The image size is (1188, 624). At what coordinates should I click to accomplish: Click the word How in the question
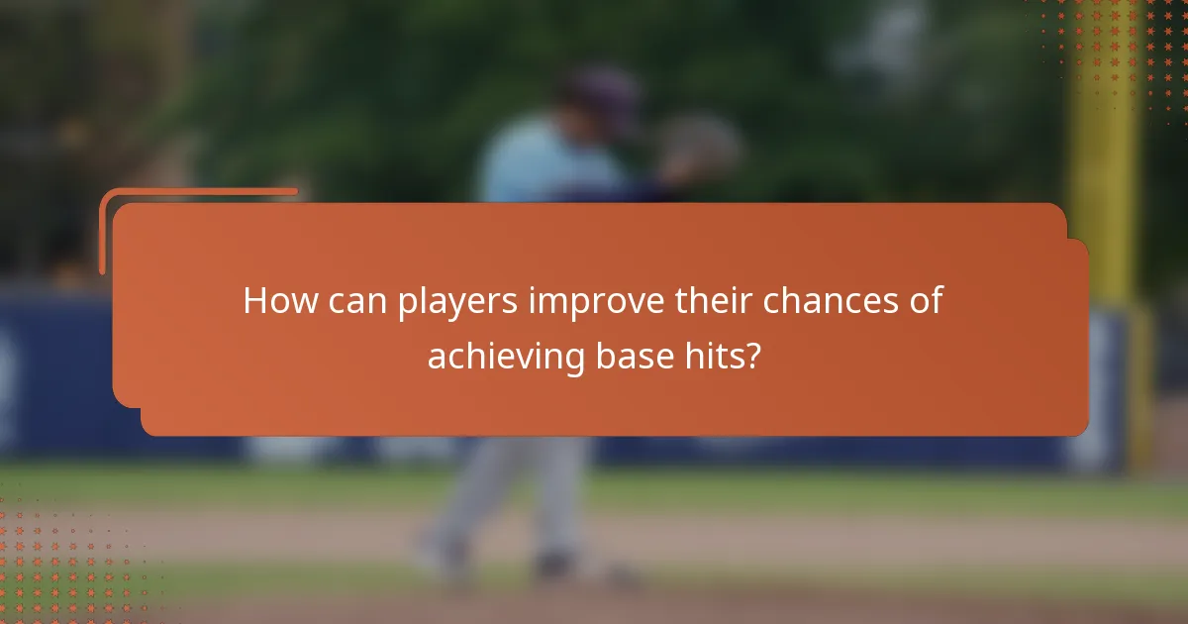point(275,301)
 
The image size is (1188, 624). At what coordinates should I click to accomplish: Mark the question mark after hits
point(755,357)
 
